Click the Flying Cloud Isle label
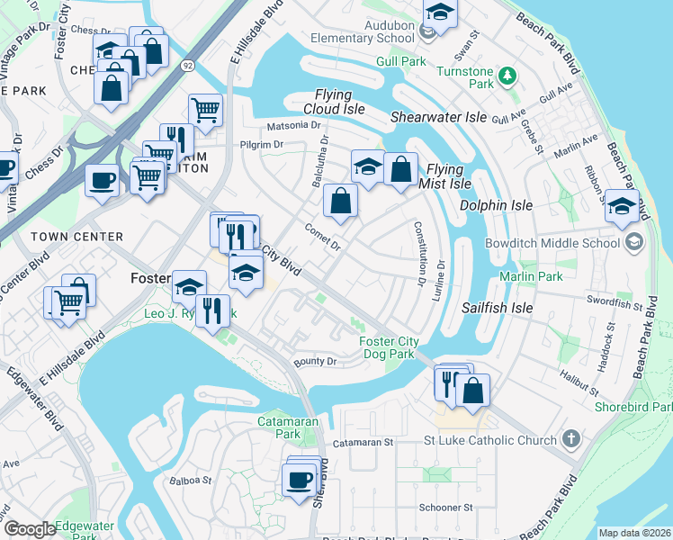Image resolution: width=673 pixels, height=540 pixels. pyautogui.click(x=339, y=102)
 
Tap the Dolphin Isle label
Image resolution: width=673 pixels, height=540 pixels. pyautogui.click(x=496, y=205)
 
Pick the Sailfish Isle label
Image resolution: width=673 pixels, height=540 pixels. pyautogui.click(x=498, y=308)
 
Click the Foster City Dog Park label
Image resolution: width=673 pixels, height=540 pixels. pyautogui.click(x=388, y=347)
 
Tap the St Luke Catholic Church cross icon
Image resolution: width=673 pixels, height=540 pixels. pyautogui.click(x=570, y=440)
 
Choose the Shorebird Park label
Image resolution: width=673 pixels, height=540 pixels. pyautogui.click(x=633, y=408)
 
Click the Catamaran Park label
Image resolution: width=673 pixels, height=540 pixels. pyautogui.click(x=276, y=427)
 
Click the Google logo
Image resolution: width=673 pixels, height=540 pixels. pyautogui.click(x=30, y=529)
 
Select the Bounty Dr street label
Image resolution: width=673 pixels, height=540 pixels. pyautogui.click(x=315, y=362)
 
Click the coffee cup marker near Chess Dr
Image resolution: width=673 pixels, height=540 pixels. pyautogui.click(x=101, y=179)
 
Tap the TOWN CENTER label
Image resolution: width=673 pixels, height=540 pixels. pyautogui.click(x=76, y=237)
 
